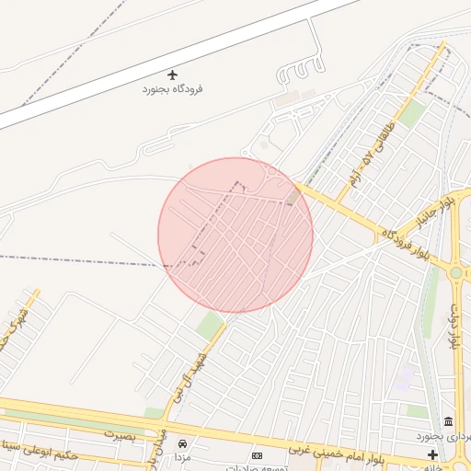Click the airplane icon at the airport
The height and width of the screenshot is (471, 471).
tap(172, 75)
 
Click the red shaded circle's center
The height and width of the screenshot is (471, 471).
tap(235, 235)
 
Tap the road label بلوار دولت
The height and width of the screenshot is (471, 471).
tap(454, 327)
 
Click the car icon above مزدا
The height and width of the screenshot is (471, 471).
tap(182, 443)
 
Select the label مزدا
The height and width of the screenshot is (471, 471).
tap(182, 457)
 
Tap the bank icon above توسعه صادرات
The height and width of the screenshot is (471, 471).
tap(257, 455)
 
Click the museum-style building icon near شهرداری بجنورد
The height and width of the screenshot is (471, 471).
tap(448, 421)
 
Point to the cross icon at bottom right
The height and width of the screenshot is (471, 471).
tap(432, 455)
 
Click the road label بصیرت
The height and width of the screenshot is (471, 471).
tap(120, 431)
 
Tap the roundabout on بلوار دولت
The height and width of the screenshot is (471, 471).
tap(455, 272)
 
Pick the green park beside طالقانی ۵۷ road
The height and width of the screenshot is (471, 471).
tap(411, 113)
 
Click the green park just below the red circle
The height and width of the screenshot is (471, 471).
tap(211, 325)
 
